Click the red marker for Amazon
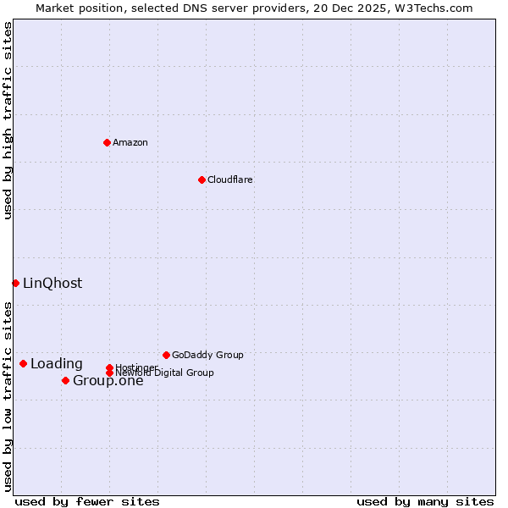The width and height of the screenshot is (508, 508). click(x=107, y=142)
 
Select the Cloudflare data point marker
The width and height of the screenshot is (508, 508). click(x=202, y=179)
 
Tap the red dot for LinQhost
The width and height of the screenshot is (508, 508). click(x=15, y=283)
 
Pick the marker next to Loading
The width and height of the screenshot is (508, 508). click(x=23, y=363)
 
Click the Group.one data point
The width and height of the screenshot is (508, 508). click(x=65, y=380)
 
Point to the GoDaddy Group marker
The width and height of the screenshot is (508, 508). click(x=166, y=355)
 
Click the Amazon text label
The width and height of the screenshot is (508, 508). click(x=130, y=142)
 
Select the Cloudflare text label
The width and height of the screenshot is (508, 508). click(x=229, y=179)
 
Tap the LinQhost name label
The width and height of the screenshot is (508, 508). click(x=52, y=283)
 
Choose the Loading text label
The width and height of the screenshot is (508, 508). click(x=57, y=364)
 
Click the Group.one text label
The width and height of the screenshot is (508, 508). click(x=108, y=380)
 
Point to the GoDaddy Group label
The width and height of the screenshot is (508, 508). click(x=207, y=355)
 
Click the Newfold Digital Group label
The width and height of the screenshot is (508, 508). click(x=165, y=373)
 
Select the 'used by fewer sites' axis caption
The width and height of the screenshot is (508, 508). click(x=87, y=501)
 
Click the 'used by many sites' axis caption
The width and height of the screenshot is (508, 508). click(x=425, y=501)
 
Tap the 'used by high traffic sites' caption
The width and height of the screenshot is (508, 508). click(x=8, y=120)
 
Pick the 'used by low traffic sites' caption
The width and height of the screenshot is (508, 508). click(x=8, y=396)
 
